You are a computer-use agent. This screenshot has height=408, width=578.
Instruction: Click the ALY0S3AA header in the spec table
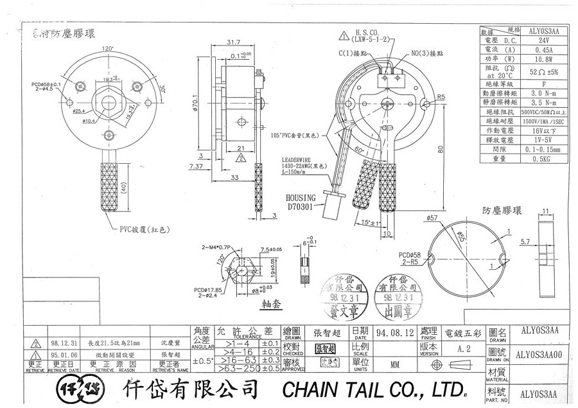coord(539,30)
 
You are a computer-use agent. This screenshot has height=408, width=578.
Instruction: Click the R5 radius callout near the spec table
coord(441,96)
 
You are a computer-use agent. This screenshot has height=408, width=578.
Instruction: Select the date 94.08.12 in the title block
coord(392,333)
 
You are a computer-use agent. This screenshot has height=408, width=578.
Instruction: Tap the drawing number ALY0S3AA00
coord(539,353)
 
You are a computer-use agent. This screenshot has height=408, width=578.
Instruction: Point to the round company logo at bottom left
coord(78,387)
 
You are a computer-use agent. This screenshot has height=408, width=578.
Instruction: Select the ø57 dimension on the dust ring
coord(432,218)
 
